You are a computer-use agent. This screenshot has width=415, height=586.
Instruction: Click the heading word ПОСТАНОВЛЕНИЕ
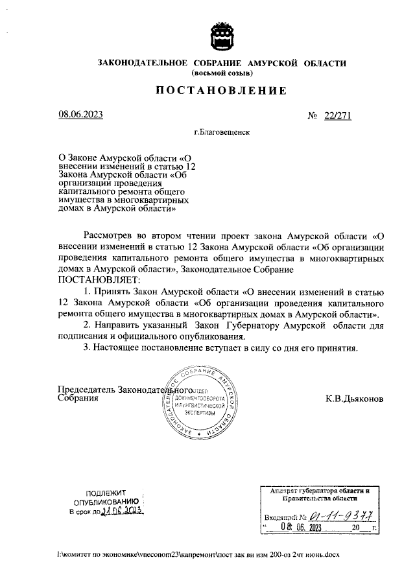click(x=221, y=91)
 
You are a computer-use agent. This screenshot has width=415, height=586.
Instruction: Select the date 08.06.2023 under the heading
click(x=81, y=115)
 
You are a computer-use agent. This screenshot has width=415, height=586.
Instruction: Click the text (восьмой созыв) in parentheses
click(x=221, y=73)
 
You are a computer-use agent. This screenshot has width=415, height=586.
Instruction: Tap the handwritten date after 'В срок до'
click(x=123, y=511)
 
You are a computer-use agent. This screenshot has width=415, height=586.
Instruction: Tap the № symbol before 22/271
click(x=313, y=115)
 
